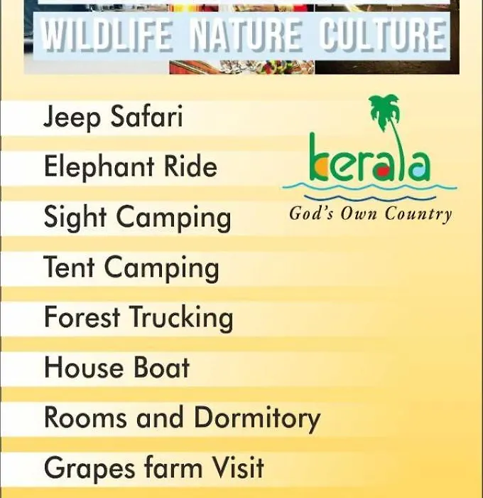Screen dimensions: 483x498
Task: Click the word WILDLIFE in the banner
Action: tap(107, 36)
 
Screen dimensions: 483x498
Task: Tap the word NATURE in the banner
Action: tap(246, 36)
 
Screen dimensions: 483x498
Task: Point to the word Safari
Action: tap(147, 115)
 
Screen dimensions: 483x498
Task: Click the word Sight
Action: tap(75, 218)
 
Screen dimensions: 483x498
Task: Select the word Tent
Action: tap(69, 266)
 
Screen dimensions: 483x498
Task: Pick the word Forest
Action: tap(82, 317)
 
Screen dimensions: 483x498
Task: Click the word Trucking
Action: tap(182, 319)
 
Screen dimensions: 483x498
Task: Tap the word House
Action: tap(84, 367)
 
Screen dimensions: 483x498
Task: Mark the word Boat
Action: tap(161, 367)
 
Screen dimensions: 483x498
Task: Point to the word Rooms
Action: tap(85, 417)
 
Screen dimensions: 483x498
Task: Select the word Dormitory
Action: tap(257, 419)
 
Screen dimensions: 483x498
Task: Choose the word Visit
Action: tap(237, 467)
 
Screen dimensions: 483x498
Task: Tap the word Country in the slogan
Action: tap(418, 213)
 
